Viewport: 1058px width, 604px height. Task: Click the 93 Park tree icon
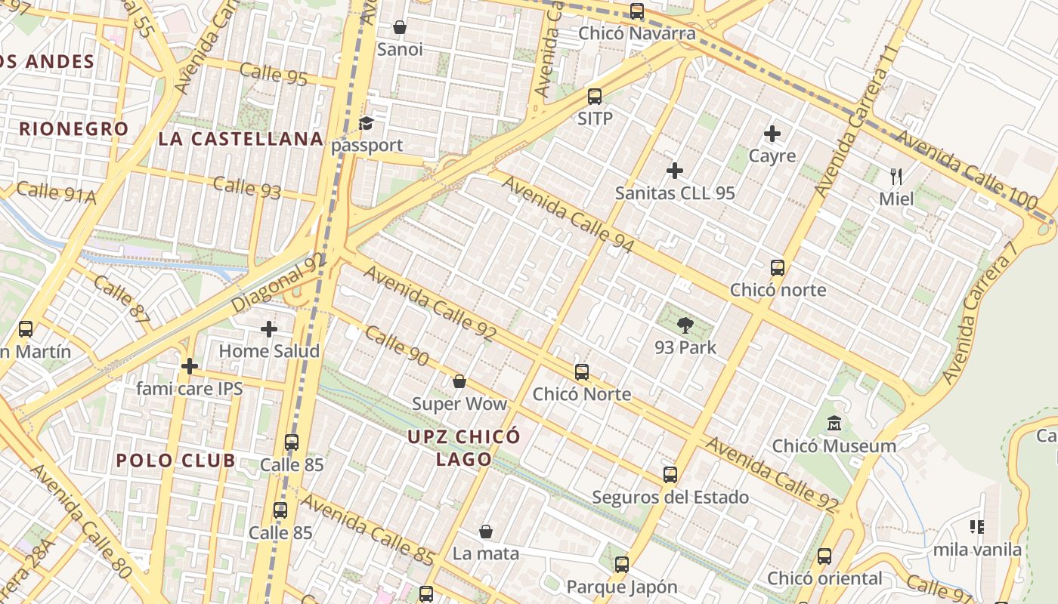coord(685,325)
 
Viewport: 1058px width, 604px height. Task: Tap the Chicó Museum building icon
coord(834,424)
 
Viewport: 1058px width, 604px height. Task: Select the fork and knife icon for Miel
coord(896,177)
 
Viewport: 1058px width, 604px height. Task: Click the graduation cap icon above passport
coord(367,123)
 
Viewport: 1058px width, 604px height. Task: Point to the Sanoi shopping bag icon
coord(400,27)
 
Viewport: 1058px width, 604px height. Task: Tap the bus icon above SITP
coord(595,97)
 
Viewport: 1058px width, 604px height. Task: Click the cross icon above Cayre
coord(772,134)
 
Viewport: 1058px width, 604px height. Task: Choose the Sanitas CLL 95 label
coord(675,193)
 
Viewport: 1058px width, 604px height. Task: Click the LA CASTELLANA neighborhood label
coord(241,139)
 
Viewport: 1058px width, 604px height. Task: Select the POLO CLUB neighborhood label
coord(175,461)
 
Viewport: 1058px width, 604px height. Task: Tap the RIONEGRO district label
coord(74,129)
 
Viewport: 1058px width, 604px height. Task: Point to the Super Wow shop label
coord(459,404)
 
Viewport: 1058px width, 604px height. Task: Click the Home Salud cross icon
coord(268,329)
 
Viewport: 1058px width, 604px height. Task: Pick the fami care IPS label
coord(190,389)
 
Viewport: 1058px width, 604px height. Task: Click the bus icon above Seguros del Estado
coord(670,475)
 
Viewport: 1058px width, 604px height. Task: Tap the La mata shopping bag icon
coord(486,532)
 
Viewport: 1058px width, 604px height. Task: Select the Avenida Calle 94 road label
coord(568,215)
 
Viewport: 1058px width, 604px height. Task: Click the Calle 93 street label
coord(247,187)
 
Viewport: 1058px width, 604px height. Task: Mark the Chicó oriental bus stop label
coord(824,578)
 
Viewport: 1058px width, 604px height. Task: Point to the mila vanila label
coord(977,550)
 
